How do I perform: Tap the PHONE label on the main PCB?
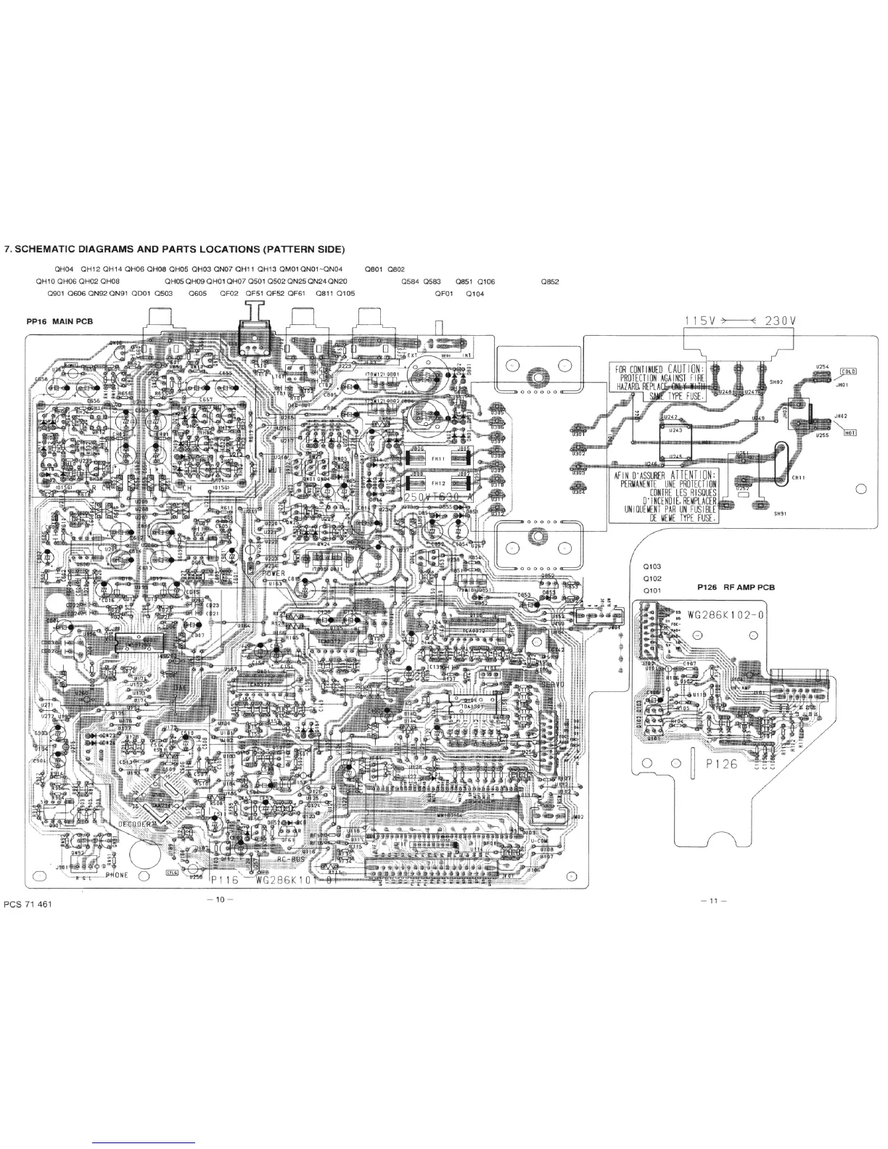pyautogui.click(x=116, y=875)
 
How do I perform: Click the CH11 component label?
pyautogui.click(x=798, y=477)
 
